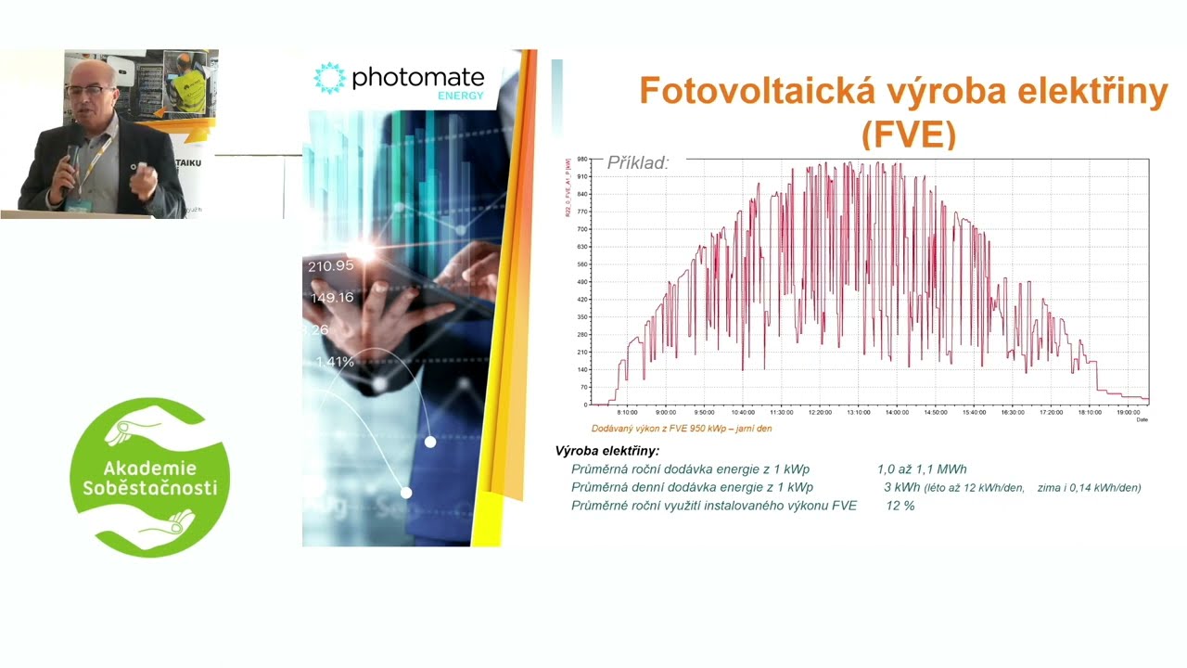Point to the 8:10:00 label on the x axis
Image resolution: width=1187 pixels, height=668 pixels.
click(627, 412)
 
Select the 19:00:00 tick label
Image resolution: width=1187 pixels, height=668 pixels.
click(1128, 412)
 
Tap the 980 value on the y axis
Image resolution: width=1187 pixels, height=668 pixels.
click(582, 160)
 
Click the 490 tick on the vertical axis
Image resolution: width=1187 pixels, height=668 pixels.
click(582, 282)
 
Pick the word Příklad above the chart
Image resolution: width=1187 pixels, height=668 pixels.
click(637, 163)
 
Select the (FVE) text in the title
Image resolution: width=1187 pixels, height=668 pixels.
click(908, 135)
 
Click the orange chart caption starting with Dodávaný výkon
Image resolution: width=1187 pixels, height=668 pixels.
click(682, 429)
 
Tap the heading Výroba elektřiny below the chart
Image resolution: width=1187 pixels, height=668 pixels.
click(607, 451)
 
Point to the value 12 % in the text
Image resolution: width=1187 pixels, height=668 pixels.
click(900, 506)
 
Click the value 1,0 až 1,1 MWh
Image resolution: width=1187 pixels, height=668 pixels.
click(922, 469)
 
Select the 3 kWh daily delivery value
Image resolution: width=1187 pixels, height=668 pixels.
click(902, 487)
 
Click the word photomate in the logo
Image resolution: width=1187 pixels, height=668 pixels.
click(418, 78)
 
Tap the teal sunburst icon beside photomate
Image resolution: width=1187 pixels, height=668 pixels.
click(329, 78)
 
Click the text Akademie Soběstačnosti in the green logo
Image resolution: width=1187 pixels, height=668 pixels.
click(148, 478)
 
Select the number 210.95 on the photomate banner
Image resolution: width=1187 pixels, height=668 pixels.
click(331, 266)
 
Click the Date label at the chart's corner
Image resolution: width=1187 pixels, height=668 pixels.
click(1142, 419)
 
